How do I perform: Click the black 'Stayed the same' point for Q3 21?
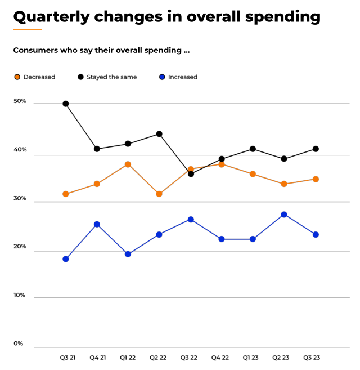pyautogui.click(x=66, y=104)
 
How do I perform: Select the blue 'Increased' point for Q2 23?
pyautogui.click(x=284, y=215)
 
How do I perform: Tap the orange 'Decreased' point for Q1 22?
pyautogui.click(x=128, y=164)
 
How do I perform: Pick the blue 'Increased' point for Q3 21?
pyautogui.click(x=66, y=259)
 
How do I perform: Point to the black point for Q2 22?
pyautogui.click(x=159, y=134)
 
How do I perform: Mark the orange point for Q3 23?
pyautogui.click(x=316, y=179)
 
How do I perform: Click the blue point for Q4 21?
pyautogui.click(x=97, y=224)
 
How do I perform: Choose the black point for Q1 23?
pyautogui.click(x=253, y=149)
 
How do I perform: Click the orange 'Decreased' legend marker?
pyautogui.click(x=17, y=77)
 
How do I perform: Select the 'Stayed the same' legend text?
pyautogui.click(x=111, y=77)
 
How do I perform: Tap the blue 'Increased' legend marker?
pyautogui.click(x=162, y=77)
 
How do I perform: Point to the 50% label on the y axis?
pyautogui.click(x=20, y=101)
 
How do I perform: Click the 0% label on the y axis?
pyautogui.click(x=18, y=344)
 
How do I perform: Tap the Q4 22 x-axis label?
pyautogui.click(x=221, y=358)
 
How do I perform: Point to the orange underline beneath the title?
pyautogui.click(x=28, y=29)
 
